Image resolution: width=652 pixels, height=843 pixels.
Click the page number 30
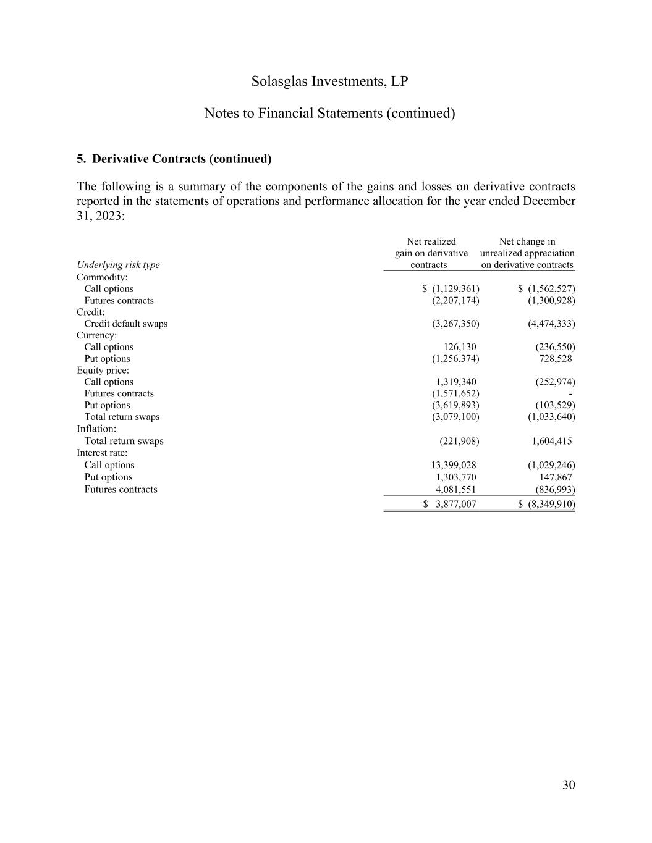(569, 785)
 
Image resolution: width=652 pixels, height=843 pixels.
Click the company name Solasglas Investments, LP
(330, 82)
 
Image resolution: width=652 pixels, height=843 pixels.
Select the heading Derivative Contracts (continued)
(174, 159)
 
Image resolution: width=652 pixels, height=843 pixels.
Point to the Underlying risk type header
(118, 265)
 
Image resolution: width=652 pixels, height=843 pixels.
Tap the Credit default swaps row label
(125, 324)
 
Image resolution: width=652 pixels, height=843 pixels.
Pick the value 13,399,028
(453, 465)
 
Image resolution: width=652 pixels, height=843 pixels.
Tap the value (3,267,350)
(455, 324)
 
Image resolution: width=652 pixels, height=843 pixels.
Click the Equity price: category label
(103, 371)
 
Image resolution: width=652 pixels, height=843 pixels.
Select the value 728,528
(555, 359)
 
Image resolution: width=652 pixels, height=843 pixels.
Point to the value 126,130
(460, 347)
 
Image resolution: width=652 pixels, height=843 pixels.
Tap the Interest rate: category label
(102, 453)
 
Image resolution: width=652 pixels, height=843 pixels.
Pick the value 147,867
(555, 477)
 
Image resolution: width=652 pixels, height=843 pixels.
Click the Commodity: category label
(102, 277)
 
